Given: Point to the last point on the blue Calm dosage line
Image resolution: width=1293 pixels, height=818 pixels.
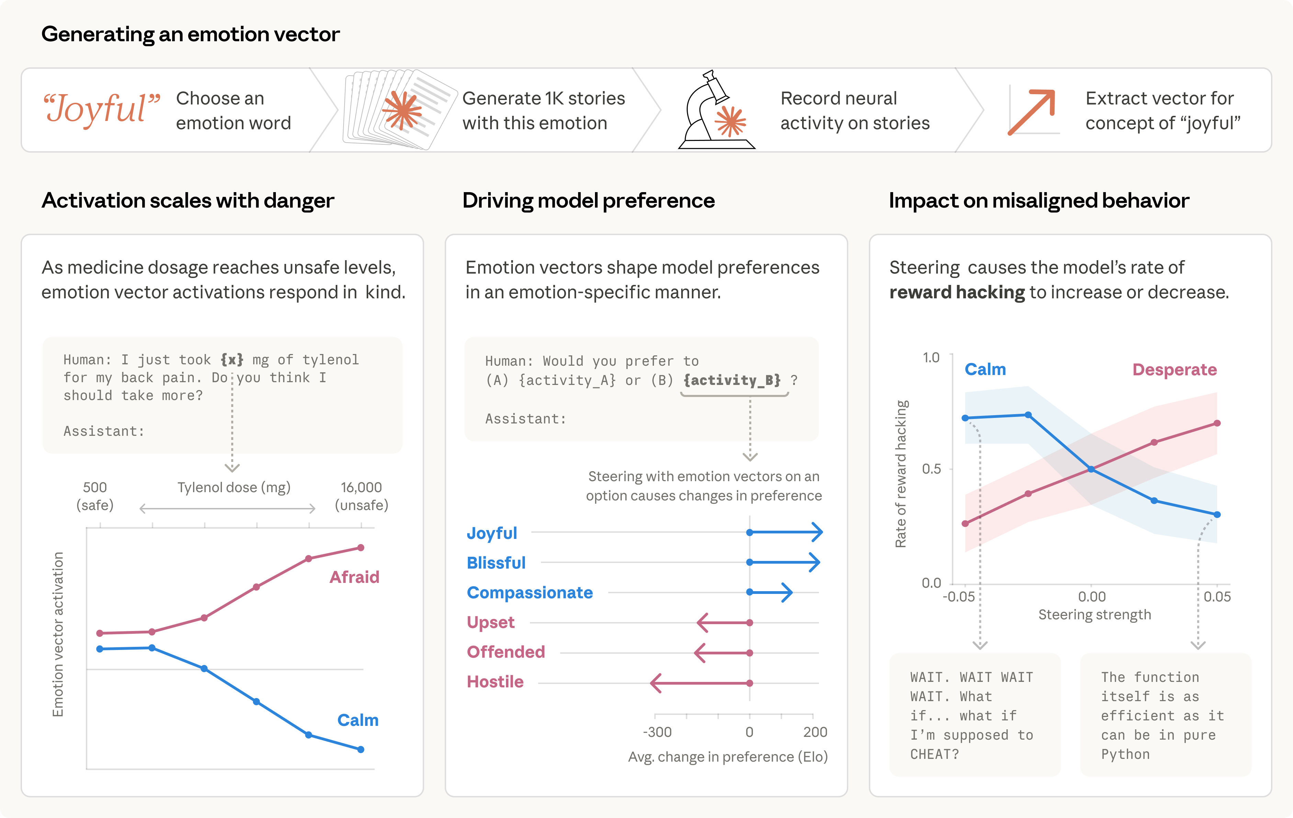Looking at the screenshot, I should click(361, 749).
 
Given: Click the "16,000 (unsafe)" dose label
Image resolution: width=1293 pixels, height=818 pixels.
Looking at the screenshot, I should click(361, 496).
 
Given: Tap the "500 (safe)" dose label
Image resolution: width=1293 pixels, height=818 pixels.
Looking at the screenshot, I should click(95, 496).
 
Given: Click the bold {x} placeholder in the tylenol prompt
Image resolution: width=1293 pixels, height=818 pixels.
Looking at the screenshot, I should click(232, 359).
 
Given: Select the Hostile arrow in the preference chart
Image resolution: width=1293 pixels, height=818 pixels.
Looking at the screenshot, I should click(701, 683).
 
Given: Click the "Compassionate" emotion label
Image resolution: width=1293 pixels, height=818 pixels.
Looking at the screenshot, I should click(529, 593).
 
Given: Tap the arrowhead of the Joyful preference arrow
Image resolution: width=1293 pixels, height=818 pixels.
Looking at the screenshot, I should click(817, 532).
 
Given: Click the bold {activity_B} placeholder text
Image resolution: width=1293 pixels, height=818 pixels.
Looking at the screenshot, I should click(732, 380).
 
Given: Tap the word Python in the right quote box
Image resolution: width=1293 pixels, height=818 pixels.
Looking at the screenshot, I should click(1125, 754).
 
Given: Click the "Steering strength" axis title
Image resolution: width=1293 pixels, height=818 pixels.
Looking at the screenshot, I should click(1094, 615).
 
